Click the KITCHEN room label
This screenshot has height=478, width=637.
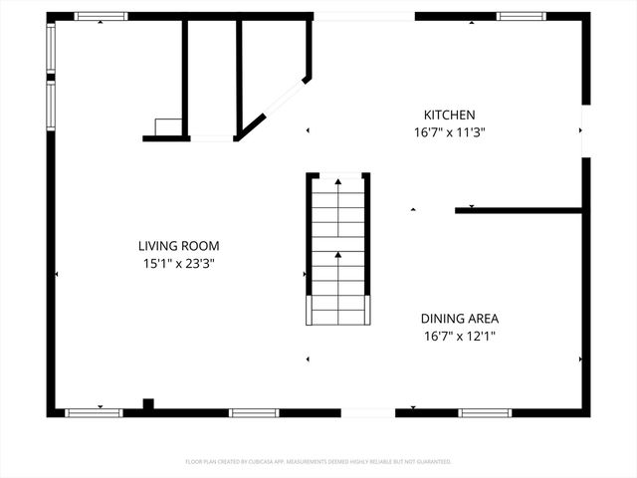click(x=450, y=116)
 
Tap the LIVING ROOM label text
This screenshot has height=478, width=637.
click(x=178, y=246)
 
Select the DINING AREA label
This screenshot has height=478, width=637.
click(x=459, y=319)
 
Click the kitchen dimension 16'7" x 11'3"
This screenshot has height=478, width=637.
click(x=450, y=132)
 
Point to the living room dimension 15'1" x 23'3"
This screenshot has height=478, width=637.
click(x=178, y=263)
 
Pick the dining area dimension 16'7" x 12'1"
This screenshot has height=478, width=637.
click(x=459, y=336)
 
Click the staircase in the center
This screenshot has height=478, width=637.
click(x=337, y=249)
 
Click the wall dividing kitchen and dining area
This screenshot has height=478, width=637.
click(x=518, y=210)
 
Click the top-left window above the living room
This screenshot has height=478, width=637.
click(x=102, y=16)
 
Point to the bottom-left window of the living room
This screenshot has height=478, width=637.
click(x=94, y=412)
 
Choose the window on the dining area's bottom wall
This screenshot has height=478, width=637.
click(x=485, y=412)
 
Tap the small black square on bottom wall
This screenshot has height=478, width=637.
click(x=148, y=404)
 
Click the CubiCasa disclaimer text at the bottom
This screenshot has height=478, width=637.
click(x=318, y=462)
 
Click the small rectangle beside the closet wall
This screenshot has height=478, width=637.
click(x=167, y=126)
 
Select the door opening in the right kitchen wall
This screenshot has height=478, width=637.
click(x=585, y=130)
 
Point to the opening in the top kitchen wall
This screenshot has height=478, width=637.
click(x=363, y=16)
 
